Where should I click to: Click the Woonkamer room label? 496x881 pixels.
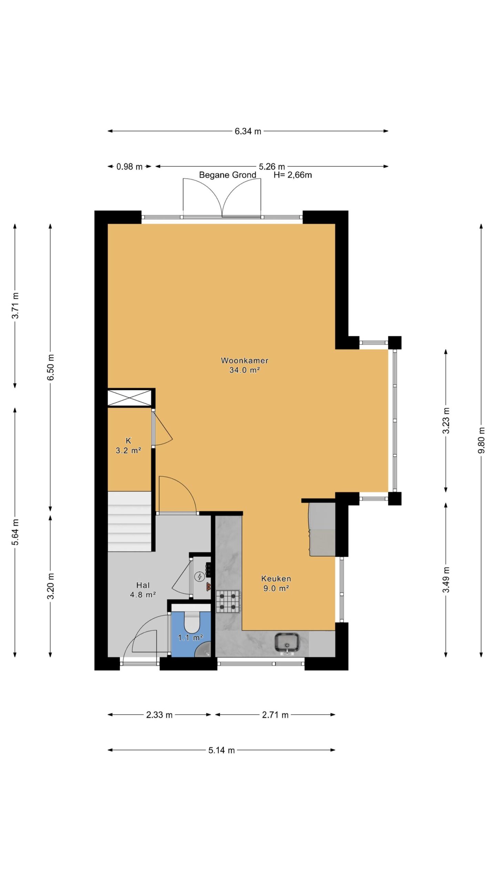pos(244,360)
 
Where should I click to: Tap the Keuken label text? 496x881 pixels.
pos(276,579)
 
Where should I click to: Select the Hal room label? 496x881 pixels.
pos(143,585)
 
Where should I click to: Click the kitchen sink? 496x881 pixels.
pos(287,642)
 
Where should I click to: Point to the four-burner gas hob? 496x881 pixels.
pos(228,601)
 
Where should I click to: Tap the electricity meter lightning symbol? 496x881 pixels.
pos(199,576)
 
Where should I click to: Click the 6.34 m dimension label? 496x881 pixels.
pos(248,131)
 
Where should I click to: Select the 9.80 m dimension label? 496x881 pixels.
pos(481,440)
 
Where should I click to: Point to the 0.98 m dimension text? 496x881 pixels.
pos(129,167)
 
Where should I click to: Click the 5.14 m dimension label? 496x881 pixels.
pos(221,750)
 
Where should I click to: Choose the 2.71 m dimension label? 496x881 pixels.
pos(275,715)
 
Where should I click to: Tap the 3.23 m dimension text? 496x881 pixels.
pos(446,421)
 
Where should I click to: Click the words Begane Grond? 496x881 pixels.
pos(228,175)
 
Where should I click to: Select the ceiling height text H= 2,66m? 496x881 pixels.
pos(293,175)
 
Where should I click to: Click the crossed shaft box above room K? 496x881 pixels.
pos(130,398)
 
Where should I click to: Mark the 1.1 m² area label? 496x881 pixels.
pos(190,638)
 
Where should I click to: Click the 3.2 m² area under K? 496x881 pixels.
pos(128,450)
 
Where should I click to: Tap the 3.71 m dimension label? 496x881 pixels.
pos(15,305)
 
